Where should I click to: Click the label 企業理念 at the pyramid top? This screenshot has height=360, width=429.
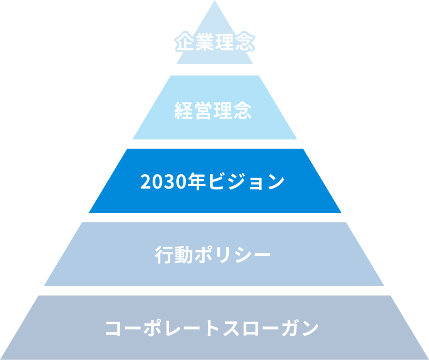point(215,41)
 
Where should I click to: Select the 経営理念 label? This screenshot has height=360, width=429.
point(213,110)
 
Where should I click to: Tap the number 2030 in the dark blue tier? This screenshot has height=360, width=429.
point(163,182)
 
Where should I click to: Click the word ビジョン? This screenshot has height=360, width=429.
point(246,181)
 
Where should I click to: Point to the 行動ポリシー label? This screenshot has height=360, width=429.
point(213,255)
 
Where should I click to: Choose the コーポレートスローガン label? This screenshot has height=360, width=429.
point(212,328)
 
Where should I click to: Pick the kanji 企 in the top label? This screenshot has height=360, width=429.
point(184,41)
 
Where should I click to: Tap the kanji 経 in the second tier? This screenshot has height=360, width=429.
point(184,110)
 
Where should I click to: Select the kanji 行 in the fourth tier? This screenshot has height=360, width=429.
point(164,255)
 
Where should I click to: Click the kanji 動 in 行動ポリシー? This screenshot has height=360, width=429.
point(184,255)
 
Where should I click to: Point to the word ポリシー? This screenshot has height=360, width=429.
point(233,255)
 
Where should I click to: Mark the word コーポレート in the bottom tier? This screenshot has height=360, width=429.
point(163,328)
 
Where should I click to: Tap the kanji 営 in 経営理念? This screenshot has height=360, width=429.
point(203,110)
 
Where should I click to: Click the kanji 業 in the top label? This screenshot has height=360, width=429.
point(204,41)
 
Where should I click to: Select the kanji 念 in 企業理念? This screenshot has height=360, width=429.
point(245,41)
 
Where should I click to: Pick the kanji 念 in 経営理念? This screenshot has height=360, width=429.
point(243,110)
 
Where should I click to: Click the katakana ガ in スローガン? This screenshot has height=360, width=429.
point(290,328)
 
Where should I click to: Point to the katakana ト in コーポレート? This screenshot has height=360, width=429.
point(212,328)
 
